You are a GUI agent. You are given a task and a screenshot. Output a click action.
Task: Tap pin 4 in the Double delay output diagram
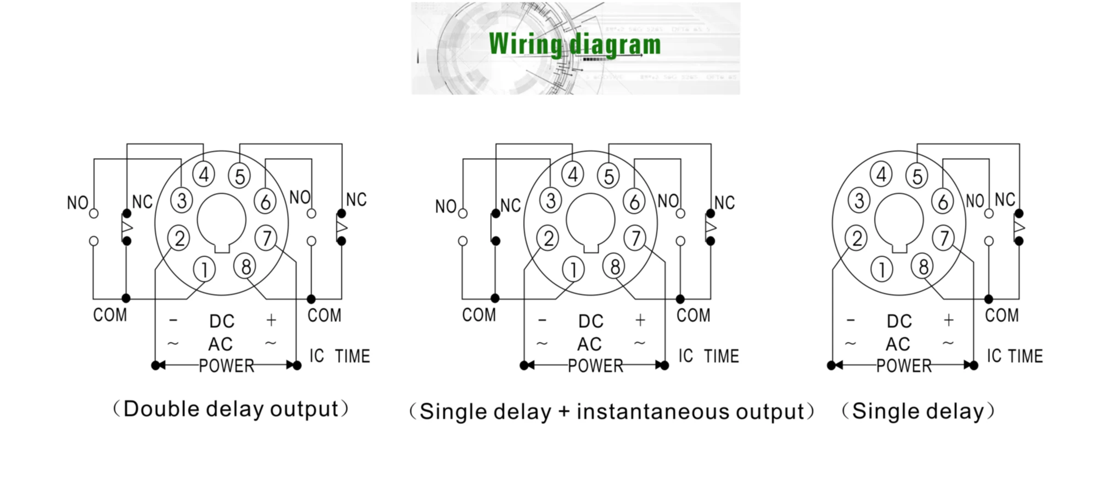click(203, 175)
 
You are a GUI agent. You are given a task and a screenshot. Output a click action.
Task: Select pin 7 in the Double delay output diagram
click(266, 238)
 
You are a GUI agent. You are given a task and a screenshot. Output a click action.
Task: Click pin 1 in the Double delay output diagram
click(204, 269)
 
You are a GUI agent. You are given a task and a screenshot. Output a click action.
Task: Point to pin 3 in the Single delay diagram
click(859, 200)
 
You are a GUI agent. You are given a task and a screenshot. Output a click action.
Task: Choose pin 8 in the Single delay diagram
click(923, 266)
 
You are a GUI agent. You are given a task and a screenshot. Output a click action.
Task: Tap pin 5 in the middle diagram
click(608, 176)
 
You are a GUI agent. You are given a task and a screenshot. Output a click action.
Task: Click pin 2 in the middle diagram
click(548, 238)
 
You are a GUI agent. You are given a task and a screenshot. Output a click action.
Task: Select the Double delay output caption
click(231, 409)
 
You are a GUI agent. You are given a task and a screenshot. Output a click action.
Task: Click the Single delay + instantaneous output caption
click(611, 412)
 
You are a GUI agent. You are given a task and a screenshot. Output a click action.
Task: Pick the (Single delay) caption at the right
click(918, 411)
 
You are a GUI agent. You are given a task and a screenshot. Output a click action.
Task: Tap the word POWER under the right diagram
click(904, 366)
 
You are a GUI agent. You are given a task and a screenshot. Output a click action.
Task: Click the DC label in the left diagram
click(222, 321)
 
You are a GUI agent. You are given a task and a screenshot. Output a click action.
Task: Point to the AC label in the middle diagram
click(590, 344)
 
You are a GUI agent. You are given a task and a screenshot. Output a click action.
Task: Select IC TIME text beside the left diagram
click(340, 356)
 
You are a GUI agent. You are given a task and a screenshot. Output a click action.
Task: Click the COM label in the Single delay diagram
click(1002, 315)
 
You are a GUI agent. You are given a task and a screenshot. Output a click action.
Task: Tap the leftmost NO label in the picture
click(78, 203)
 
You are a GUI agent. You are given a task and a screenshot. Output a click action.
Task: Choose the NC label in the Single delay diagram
click(1005, 199)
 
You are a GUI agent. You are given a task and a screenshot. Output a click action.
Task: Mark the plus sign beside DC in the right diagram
click(949, 320)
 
